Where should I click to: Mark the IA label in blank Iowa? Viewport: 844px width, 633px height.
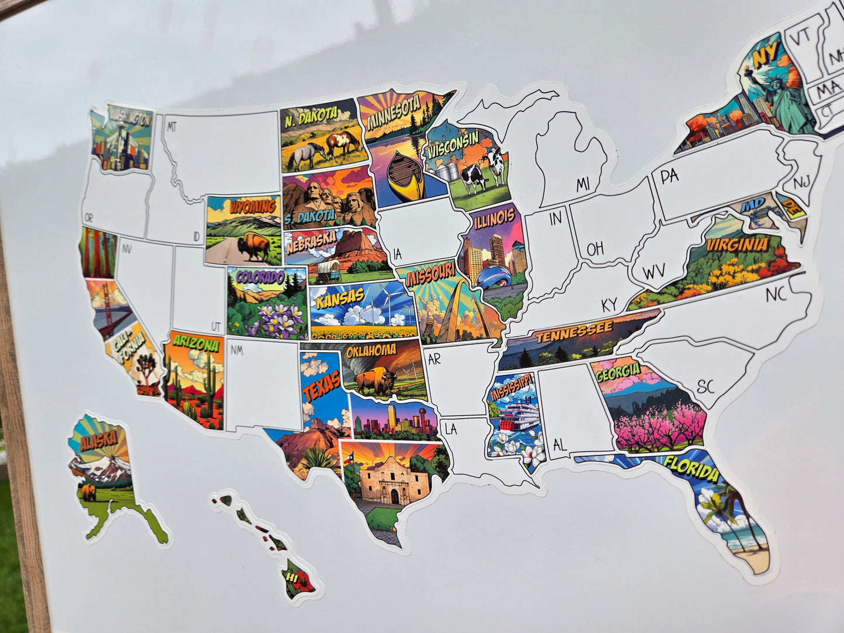[398, 253]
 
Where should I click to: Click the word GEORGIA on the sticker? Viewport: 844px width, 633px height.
[617, 370]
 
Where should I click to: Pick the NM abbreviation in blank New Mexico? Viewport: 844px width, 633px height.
[236, 350]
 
